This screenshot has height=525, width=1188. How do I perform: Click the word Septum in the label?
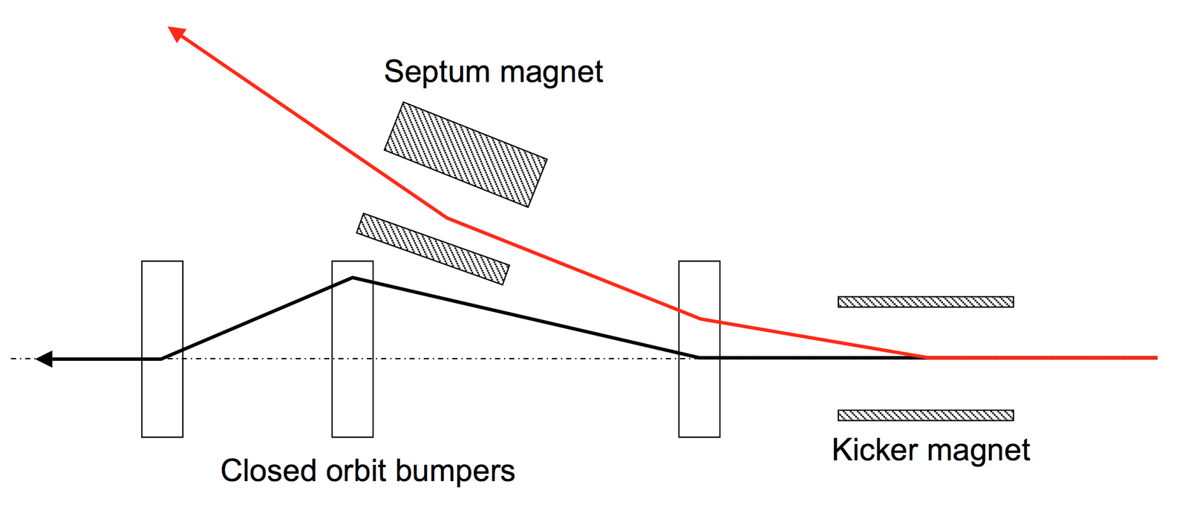437,73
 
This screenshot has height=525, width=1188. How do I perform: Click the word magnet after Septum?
551,73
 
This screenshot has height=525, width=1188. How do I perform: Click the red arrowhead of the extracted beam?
176,33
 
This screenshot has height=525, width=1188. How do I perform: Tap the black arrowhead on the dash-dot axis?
45,359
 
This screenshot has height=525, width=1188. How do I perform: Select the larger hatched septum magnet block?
466,154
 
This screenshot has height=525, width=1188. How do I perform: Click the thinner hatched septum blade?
433,248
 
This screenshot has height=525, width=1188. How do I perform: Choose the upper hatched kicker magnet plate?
925,301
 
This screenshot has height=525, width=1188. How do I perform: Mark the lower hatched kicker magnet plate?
925,415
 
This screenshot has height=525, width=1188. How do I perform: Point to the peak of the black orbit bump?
353,278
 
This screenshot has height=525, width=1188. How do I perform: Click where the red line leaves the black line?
926,357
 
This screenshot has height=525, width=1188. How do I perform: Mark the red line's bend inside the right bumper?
701,319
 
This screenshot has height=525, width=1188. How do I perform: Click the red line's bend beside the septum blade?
447,218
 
